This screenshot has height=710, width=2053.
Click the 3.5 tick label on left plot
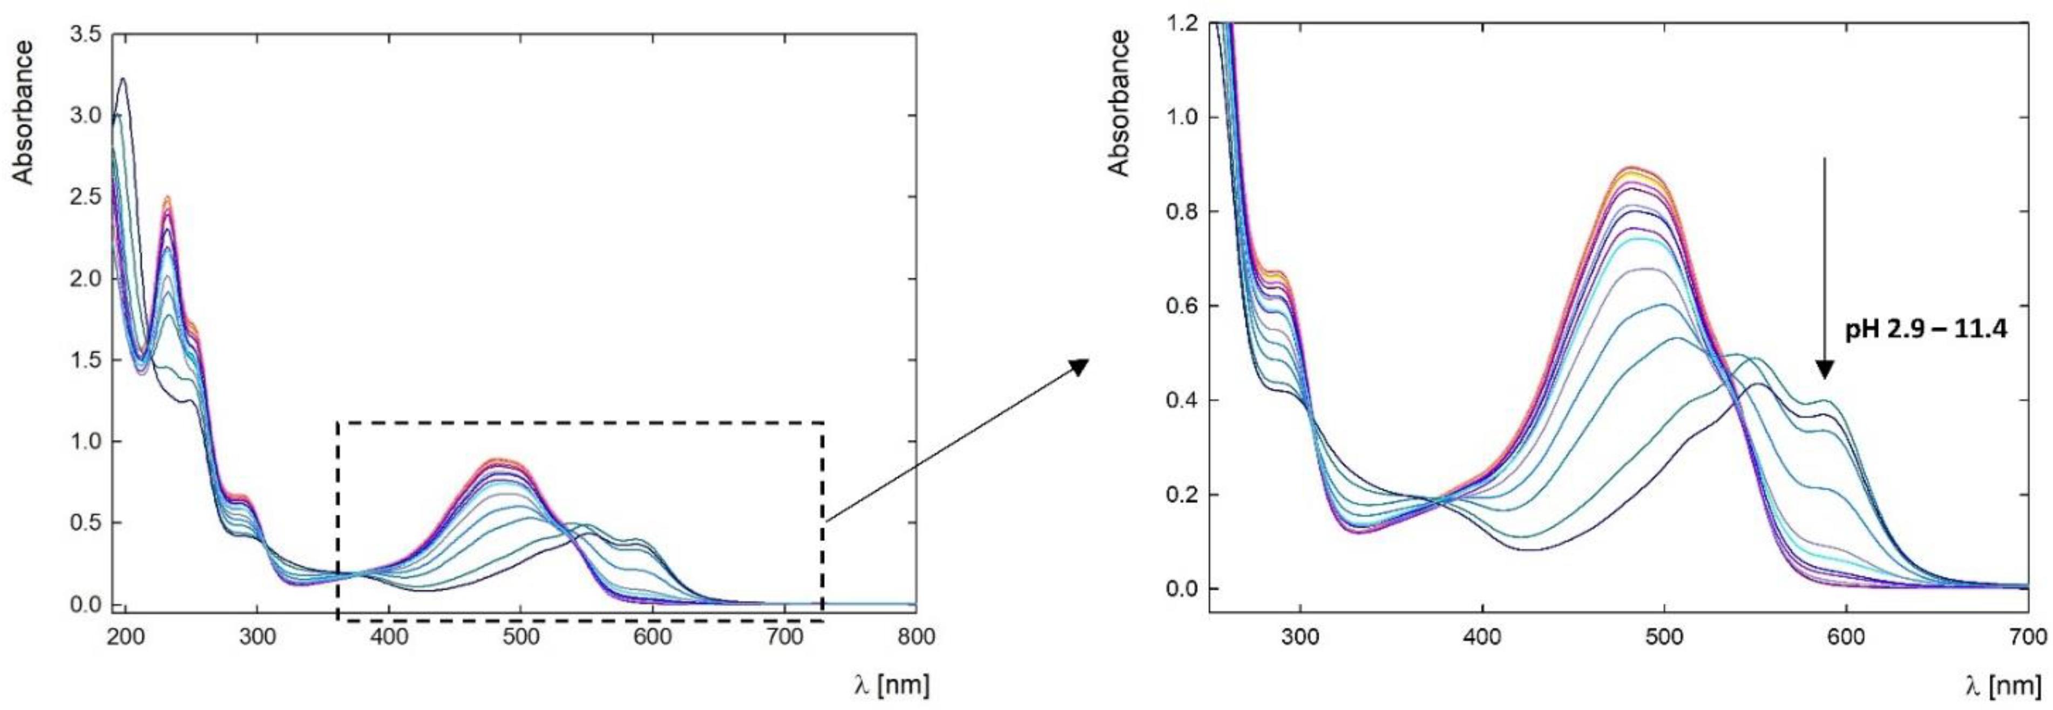point(85,33)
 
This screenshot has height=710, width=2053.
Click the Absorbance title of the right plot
point(1119,104)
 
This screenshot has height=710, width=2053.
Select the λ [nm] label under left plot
point(890,684)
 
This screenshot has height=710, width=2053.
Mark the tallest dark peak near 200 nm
point(123,79)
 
